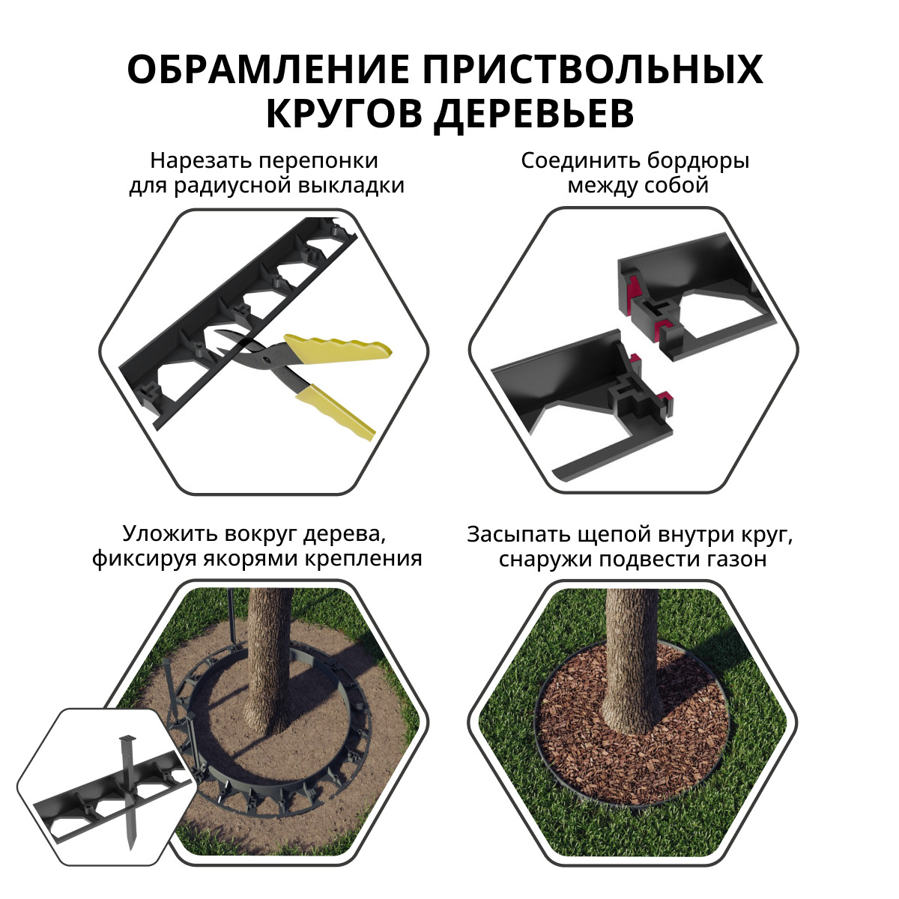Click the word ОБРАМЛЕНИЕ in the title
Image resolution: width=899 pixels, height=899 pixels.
[x=268, y=70]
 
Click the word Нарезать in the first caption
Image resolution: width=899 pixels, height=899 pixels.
[x=199, y=161]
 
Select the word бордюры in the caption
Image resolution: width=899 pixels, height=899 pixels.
[x=698, y=161]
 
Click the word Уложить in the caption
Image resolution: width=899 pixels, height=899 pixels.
[x=169, y=535]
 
